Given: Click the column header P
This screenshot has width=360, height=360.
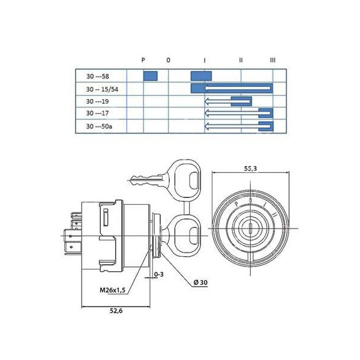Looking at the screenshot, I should (x=143, y=60).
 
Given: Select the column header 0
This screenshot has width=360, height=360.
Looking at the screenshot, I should (x=168, y=60).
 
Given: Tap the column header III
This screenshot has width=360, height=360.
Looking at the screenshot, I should (x=273, y=60).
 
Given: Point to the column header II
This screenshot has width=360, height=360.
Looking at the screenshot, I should (x=241, y=60).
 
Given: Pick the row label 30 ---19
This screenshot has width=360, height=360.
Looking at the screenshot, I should (x=97, y=101).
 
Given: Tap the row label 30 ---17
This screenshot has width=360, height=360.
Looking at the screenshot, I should (x=97, y=113).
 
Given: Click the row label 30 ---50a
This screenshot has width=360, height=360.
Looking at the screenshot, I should (x=99, y=126).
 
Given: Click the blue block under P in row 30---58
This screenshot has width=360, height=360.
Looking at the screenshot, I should (x=150, y=76).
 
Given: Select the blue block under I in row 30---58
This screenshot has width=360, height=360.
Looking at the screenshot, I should (x=198, y=76).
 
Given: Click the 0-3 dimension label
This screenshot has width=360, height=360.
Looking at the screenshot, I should (x=159, y=275).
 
